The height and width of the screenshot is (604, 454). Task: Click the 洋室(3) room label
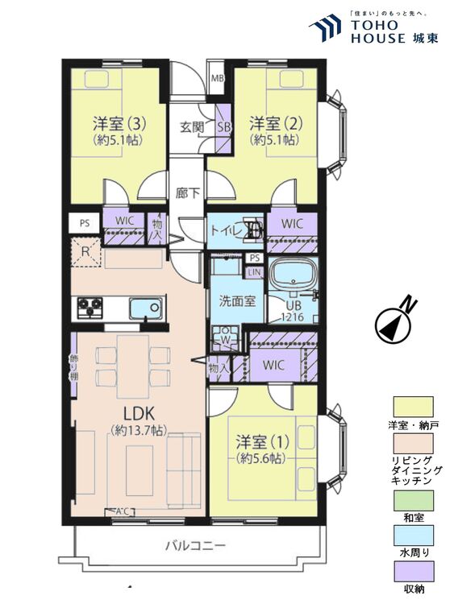click(x=118, y=124)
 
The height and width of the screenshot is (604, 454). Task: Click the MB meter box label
click(x=217, y=79)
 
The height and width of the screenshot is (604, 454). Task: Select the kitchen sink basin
click(x=145, y=307)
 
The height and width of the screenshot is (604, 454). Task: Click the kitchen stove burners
click(x=90, y=307)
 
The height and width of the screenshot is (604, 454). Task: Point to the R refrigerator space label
click(x=85, y=252)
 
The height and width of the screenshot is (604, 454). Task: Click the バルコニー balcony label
click(x=195, y=545)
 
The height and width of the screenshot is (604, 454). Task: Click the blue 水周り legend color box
click(x=413, y=538)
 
